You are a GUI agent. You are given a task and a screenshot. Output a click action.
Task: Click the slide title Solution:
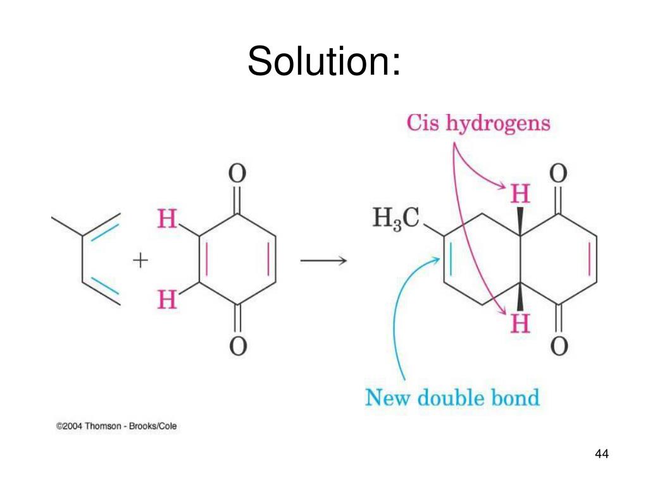324,61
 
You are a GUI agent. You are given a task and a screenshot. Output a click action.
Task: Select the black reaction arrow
323,261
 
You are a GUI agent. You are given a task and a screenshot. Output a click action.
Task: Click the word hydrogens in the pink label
498,124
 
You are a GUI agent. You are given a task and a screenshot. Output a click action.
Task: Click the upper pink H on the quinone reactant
167,220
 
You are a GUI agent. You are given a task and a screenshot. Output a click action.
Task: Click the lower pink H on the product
520,325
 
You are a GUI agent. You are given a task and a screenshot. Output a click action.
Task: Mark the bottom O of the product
559,346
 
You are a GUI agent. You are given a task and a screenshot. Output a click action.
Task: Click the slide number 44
601,454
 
